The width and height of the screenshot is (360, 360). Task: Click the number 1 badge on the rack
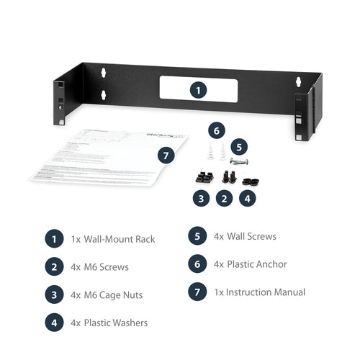tap(198, 90)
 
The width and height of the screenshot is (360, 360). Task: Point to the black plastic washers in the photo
tap(248, 177)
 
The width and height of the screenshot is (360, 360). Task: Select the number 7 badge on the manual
tap(166, 156)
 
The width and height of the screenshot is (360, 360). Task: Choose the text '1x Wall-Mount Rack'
tap(113, 239)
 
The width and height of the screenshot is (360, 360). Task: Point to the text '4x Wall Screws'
tap(245, 236)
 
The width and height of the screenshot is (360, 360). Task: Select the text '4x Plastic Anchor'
tap(250, 264)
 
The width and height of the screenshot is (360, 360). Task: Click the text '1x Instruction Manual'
tap(259, 292)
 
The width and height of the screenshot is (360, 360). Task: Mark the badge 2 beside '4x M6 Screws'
tap(54, 267)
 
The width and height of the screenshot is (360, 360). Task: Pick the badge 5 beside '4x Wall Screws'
tap(197, 236)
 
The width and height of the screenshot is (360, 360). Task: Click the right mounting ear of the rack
tap(306, 108)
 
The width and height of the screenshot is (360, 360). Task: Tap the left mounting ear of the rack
tap(61, 95)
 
